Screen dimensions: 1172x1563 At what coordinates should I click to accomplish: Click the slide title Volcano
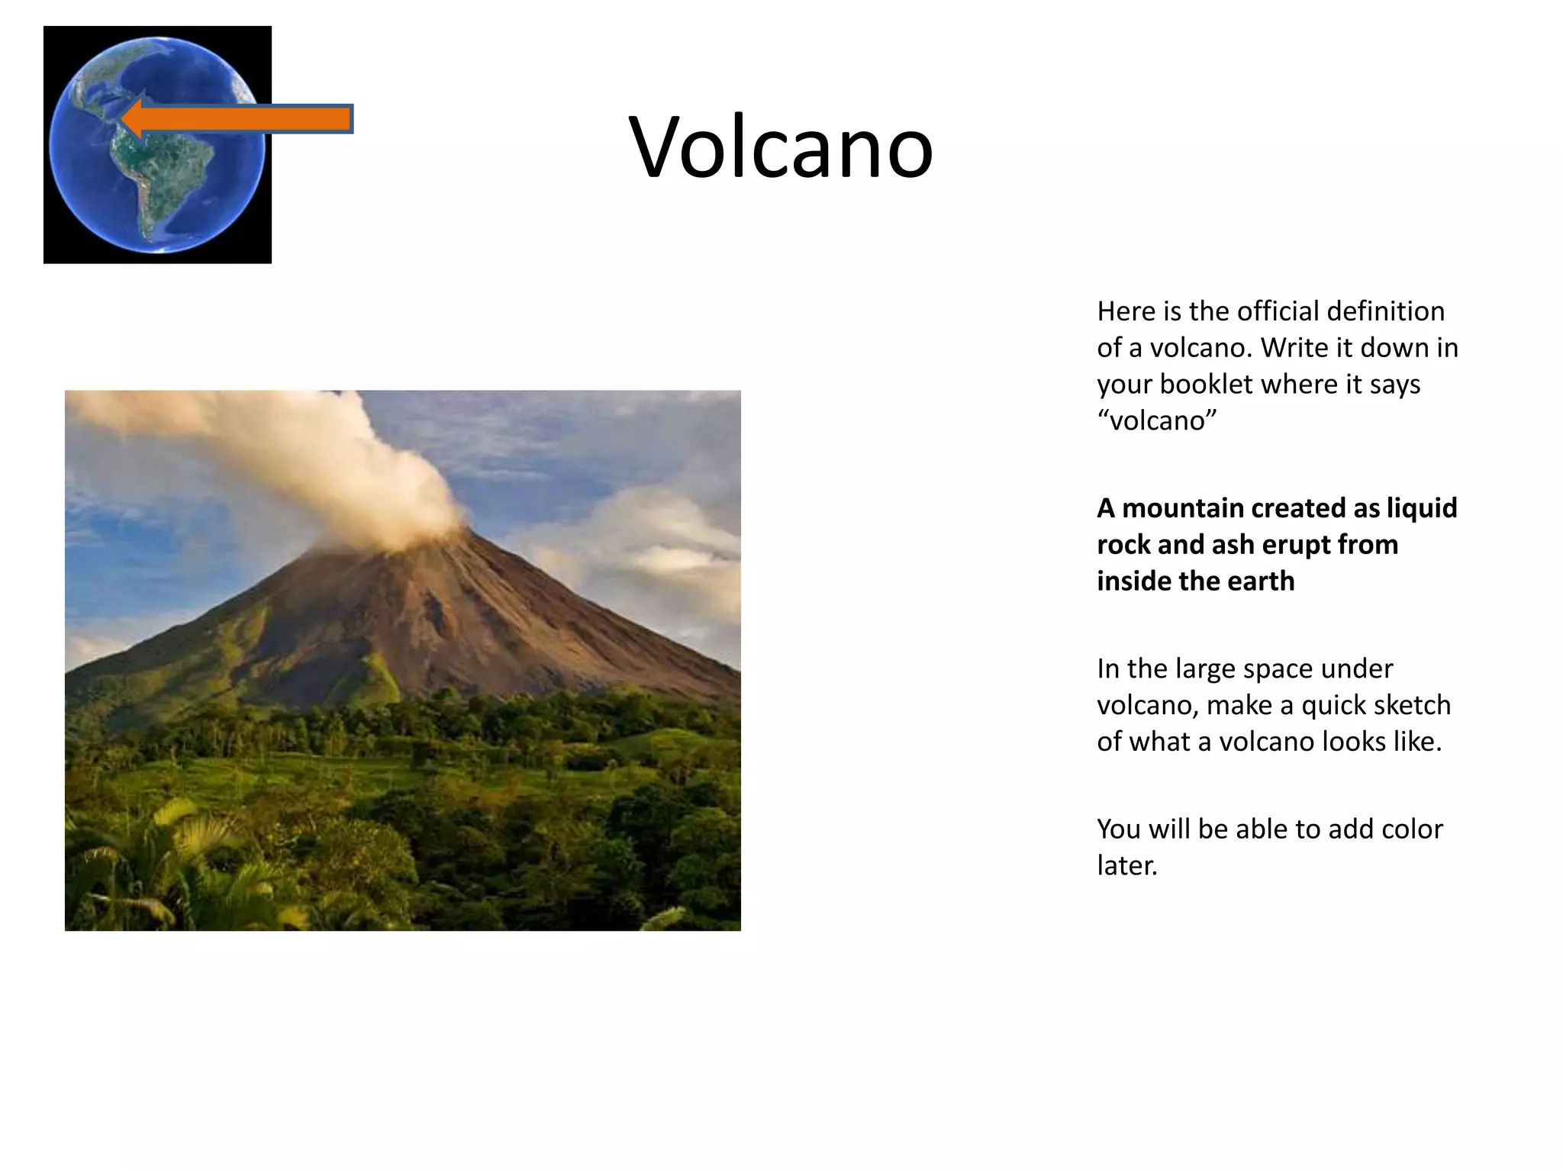pos(781,146)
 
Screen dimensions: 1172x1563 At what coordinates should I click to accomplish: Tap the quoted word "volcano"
pos(1156,420)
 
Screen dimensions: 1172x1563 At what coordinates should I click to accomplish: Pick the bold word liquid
pos(1422,508)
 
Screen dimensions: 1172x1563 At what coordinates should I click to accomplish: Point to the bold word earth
pos(1260,581)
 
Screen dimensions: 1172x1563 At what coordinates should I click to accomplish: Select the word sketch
pos(1416,705)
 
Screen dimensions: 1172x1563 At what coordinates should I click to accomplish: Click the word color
pos(1412,829)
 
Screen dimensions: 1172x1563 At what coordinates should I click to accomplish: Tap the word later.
pos(1126,865)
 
